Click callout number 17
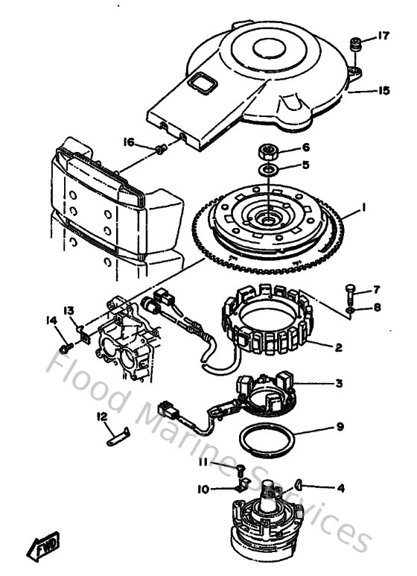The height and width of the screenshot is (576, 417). coord(383,35)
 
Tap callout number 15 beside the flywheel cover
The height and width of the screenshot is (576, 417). coord(383,91)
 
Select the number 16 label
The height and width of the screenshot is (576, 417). coord(129,141)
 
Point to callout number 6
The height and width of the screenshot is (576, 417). coord(305,149)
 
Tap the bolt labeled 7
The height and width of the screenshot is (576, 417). coord(351,290)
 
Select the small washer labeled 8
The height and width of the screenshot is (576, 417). coord(350,307)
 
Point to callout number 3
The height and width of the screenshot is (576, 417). coord(338,384)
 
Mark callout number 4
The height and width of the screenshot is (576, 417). coord(341,489)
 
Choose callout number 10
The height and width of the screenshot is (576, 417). coord(203,490)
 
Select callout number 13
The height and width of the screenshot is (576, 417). coord(69,311)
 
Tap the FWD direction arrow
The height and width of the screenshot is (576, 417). coord(45,547)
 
